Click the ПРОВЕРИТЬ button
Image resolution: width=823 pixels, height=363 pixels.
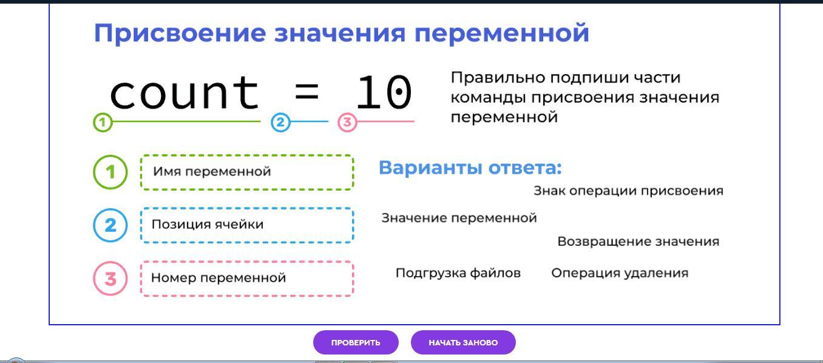[x=356, y=342]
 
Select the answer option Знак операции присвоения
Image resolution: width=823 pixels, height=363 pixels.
[x=628, y=191]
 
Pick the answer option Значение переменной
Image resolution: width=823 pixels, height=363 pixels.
[x=459, y=218]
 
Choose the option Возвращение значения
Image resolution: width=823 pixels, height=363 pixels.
[x=638, y=242]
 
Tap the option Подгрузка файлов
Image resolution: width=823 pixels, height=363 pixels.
[x=458, y=273]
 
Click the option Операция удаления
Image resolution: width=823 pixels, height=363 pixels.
[x=620, y=273]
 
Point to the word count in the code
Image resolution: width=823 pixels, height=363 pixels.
[x=185, y=93]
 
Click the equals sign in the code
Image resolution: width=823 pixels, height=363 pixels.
[x=307, y=92]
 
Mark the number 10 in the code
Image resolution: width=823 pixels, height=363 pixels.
[x=384, y=92]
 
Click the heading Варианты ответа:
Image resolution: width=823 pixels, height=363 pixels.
[x=470, y=168]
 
